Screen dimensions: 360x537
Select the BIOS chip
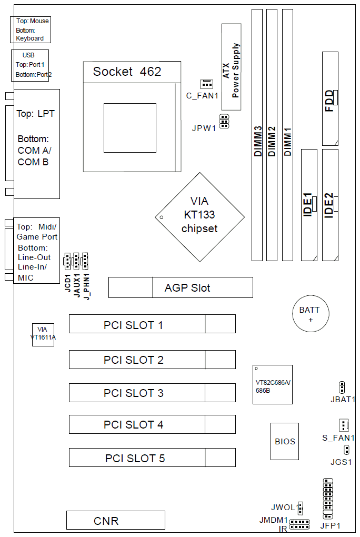tap(285, 442)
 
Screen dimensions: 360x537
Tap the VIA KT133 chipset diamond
tap(199, 217)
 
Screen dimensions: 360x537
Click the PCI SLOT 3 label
tap(134, 393)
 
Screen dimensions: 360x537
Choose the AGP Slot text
tap(187, 288)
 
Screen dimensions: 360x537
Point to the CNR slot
tap(116, 520)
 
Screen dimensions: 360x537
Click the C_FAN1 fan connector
tap(206, 84)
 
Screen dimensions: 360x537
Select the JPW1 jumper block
tap(224, 121)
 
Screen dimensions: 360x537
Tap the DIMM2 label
tap(272, 142)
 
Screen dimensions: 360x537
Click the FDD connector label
tap(329, 101)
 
